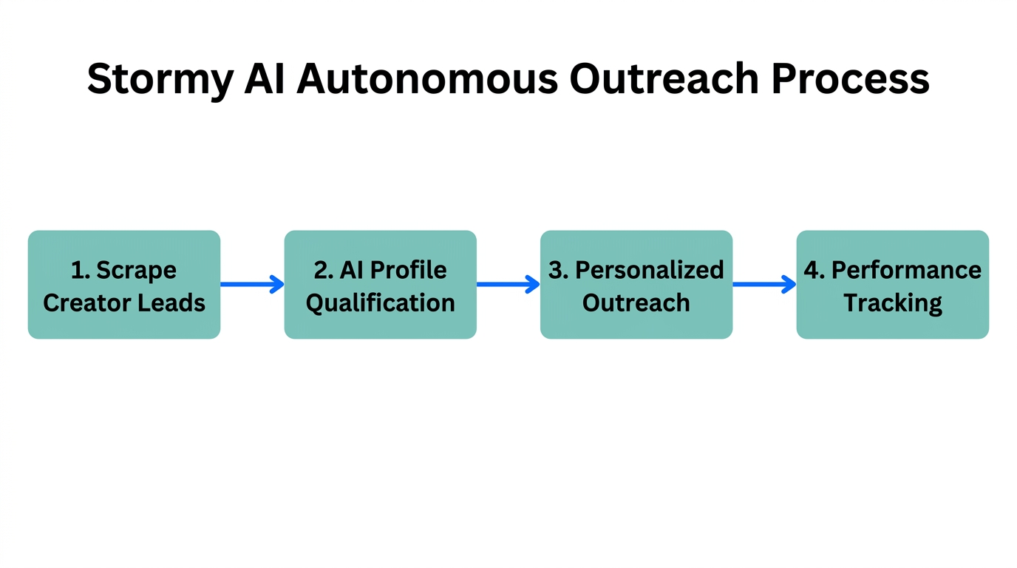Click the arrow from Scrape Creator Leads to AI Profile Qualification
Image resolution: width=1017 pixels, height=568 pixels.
(252, 284)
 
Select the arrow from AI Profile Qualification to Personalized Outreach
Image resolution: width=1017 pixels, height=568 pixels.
(508, 284)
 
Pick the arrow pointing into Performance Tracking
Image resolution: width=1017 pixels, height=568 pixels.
(763, 284)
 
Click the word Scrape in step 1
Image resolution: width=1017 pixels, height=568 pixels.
(137, 270)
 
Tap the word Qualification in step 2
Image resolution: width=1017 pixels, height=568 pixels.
(380, 303)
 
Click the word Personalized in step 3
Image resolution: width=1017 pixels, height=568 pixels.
(650, 270)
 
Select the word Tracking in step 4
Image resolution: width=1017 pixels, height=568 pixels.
(893, 303)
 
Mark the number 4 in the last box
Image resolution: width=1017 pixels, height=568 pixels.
(812, 270)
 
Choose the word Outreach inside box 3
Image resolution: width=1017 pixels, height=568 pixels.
(636, 302)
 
